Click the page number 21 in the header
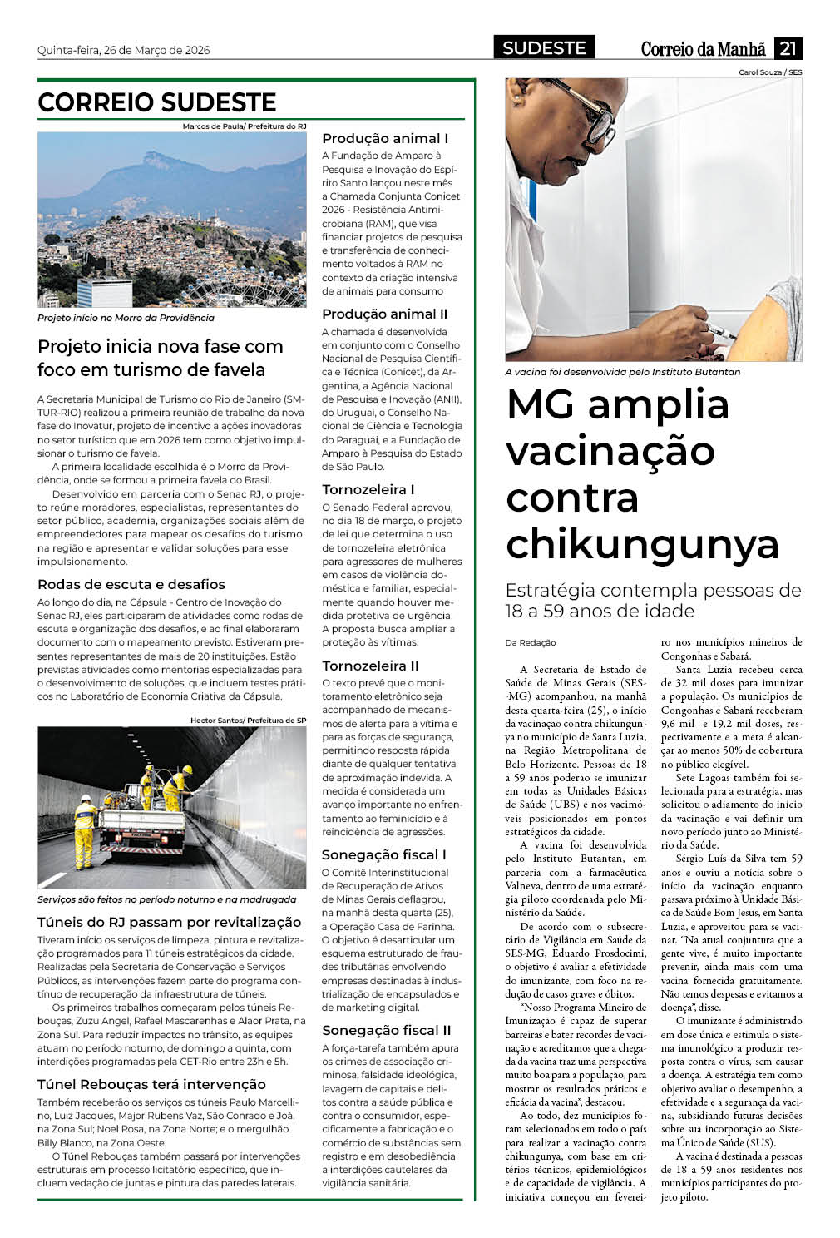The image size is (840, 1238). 788,48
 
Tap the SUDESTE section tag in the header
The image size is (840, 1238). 544,48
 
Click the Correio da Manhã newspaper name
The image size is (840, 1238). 703,49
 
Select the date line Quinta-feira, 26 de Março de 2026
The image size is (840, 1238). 123,50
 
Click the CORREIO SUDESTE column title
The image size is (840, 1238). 157,102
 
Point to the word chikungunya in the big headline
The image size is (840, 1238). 642,544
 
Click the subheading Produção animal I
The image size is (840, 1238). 385,139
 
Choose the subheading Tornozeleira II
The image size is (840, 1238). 370,666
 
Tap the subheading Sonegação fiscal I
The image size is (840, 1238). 383,854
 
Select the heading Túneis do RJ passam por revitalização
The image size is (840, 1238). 169,922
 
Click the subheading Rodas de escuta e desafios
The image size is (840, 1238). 131,584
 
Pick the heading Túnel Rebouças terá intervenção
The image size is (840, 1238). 151,1084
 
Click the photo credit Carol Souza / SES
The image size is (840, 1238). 770,72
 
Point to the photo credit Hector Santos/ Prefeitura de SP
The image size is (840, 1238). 248,721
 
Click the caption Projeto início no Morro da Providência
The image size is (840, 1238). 126,318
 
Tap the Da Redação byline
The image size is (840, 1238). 531,642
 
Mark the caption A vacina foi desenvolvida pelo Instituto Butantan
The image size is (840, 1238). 622,372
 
